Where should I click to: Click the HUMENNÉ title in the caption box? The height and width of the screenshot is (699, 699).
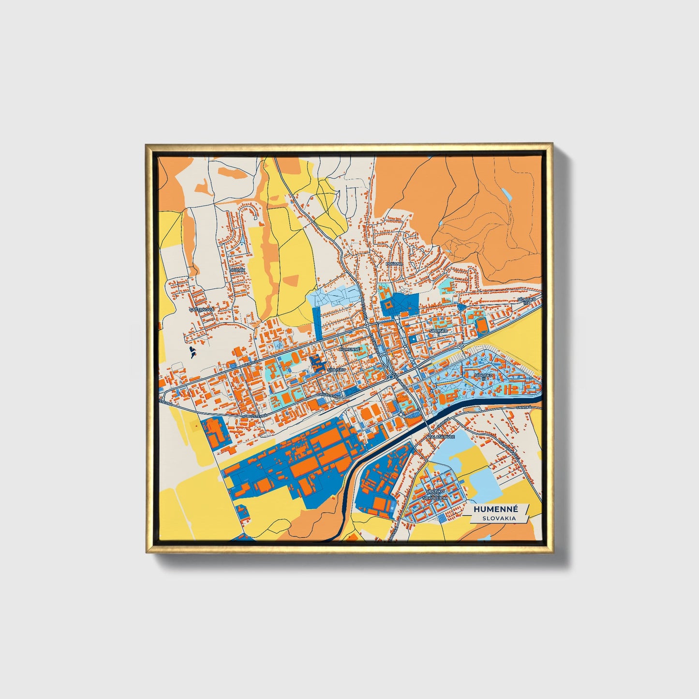[x=496, y=509]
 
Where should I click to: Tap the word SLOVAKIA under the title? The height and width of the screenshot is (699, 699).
[x=499, y=518]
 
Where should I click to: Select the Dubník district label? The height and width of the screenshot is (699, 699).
[x=238, y=269]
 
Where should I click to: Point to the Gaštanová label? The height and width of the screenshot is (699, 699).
[x=201, y=309]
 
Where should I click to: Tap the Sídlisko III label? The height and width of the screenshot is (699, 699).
[x=483, y=376]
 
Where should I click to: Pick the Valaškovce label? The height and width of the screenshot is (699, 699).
[x=441, y=436]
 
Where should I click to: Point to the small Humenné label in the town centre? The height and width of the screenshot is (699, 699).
[x=350, y=348]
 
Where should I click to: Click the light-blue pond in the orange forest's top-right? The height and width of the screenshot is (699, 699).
[x=506, y=194]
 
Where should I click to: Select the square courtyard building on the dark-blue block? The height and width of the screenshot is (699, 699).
[x=387, y=305]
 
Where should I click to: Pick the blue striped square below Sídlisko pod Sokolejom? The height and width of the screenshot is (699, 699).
[x=443, y=518]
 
